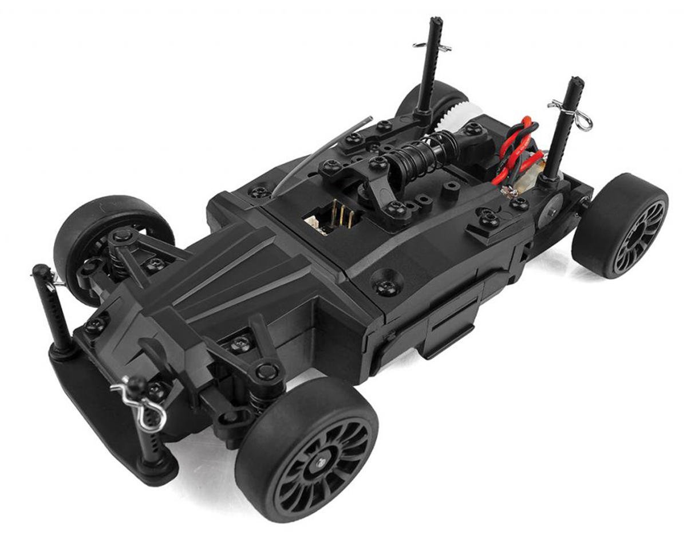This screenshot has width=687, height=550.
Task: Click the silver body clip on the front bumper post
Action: point(140,404)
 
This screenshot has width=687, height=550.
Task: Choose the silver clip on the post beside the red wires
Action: point(570,112)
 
